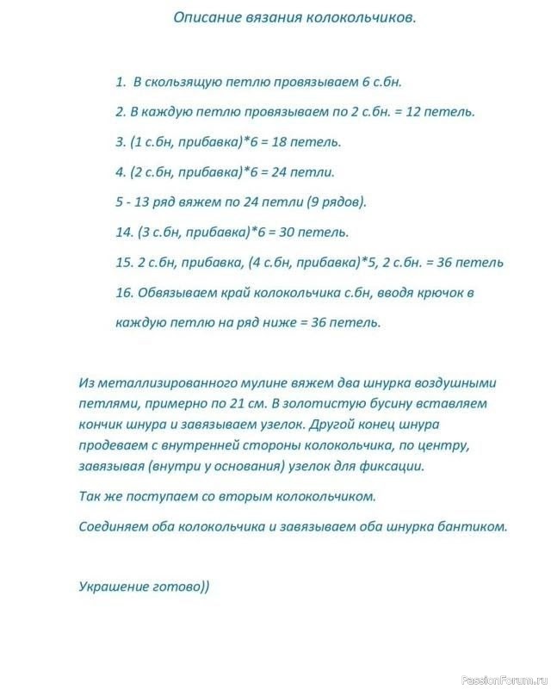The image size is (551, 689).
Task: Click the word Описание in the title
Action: click(x=203, y=16)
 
